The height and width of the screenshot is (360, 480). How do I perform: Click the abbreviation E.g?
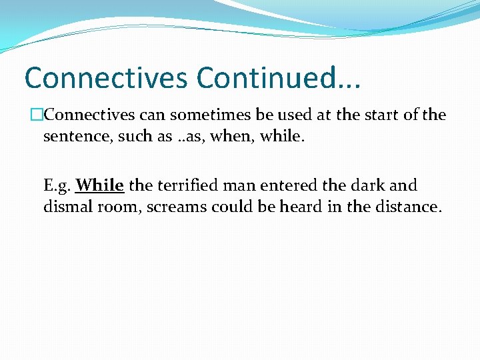(x=57, y=185)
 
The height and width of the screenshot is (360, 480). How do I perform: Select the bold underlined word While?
(x=100, y=185)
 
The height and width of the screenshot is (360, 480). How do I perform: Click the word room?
(x=120, y=206)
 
